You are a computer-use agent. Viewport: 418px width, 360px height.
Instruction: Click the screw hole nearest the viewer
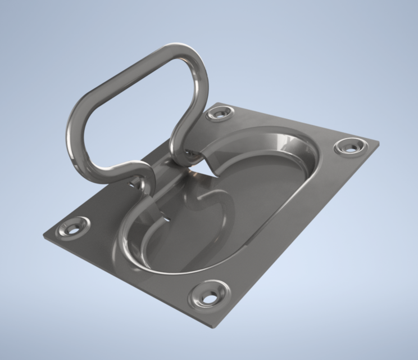208,296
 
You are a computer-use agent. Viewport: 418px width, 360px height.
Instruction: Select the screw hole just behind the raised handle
218,114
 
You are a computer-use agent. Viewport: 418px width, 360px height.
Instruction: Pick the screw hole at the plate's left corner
72,228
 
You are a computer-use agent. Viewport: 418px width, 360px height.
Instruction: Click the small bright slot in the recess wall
166,215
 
